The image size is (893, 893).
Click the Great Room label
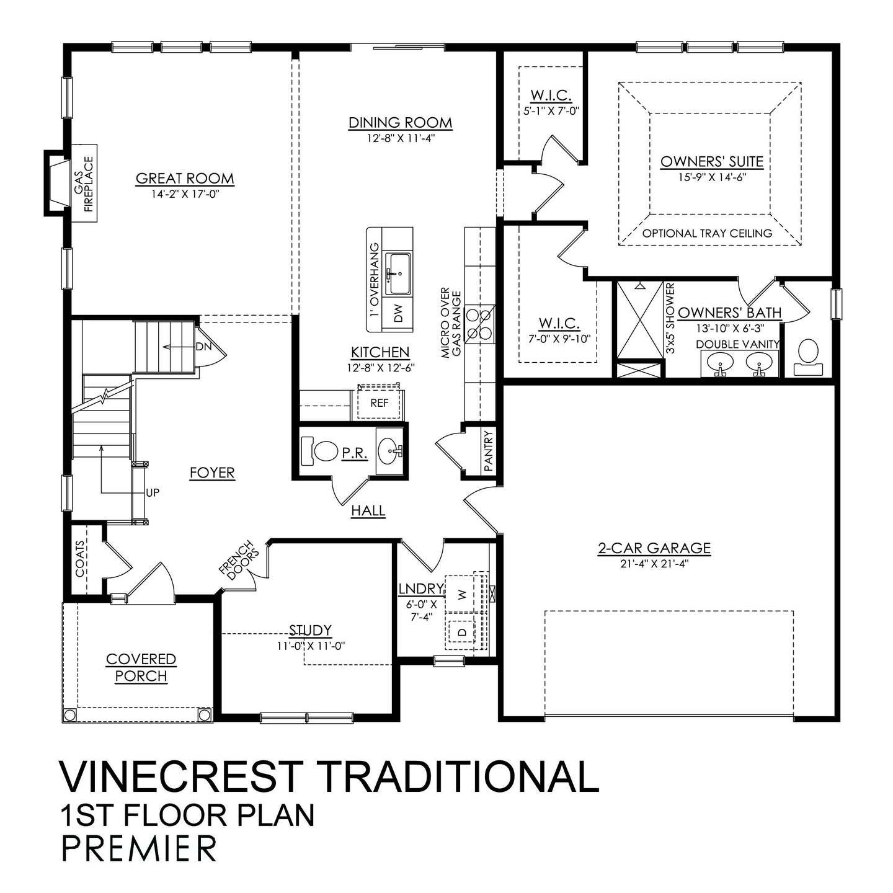tap(185, 179)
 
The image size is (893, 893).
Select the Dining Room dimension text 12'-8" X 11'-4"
tap(400, 138)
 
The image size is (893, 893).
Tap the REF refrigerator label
tap(379, 403)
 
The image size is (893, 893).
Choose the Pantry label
tap(488, 451)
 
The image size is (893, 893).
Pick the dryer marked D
tap(461, 633)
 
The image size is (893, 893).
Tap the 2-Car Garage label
tap(654, 548)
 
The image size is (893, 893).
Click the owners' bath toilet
tap(807, 358)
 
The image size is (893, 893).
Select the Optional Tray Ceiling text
tap(707, 234)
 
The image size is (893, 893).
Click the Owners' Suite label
tap(711, 161)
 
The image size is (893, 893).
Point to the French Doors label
tap(240, 561)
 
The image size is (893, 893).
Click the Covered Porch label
tap(141, 667)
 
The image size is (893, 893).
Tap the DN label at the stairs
tap(203, 347)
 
